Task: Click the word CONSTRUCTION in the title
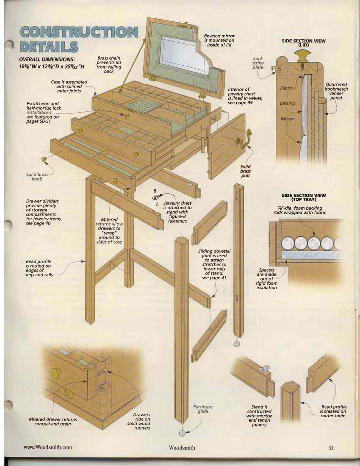79,32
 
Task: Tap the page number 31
331,448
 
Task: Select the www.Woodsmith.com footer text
47,447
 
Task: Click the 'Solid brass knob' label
37,177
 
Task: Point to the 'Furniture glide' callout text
203,409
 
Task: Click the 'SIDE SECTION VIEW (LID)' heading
303,43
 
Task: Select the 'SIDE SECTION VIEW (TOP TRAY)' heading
304,197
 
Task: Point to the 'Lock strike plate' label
258,63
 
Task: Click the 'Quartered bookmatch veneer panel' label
336,91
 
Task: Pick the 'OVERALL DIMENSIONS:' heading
47,59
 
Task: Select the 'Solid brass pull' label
245,171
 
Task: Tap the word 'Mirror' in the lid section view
287,119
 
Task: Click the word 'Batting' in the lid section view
287,103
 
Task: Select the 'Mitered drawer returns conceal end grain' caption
53,422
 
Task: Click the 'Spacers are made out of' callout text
267,275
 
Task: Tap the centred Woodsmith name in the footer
182,448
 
